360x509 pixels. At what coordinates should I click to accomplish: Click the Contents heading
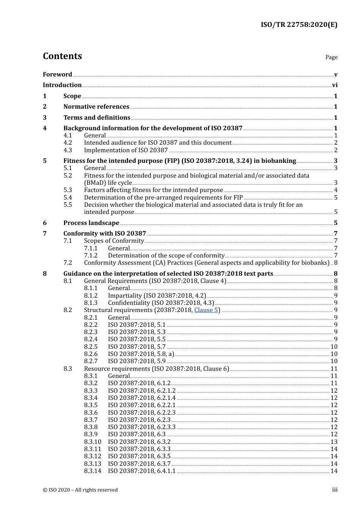pyautogui.click(x=62, y=56)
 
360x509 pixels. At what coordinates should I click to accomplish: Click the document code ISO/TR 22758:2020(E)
pyautogui.click(x=299, y=25)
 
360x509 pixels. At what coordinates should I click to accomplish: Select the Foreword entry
pyautogui.click(x=57, y=74)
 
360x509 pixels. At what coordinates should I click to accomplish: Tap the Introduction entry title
pyautogui.click(x=62, y=85)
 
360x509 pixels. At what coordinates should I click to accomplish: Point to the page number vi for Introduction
pyautogui.click(x=335, y=85)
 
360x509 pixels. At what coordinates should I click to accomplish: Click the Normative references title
pyautogui.click(x=96, y=106)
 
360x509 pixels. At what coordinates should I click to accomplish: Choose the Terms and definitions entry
pyautogui.click(x=97, y=117)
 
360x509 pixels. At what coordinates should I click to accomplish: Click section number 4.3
pyautogui.click(x=67, y=150)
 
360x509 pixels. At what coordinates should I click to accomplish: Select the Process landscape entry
pyautogui.click(x=91, y=223)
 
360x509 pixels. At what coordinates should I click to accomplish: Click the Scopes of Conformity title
pyautogui.click(x=114, y=240)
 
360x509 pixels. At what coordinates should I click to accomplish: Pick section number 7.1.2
pyautogui.click(x=91, y=255)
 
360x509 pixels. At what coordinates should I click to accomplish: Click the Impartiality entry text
pyautogui.click(x=157, y=295)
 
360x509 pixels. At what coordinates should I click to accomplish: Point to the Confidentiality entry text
pyautogui.click(x=161, y=303)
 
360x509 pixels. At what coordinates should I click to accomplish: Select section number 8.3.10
pyautogui.click(x=92, y=442)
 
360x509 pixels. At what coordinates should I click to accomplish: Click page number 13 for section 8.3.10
pyautogui.click(x=334, y=442)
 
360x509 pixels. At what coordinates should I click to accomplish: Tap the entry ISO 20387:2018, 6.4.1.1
pyautogui.click(x=142, y=471)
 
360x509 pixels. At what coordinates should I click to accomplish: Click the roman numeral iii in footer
pyautogui.click(x=335, y=490)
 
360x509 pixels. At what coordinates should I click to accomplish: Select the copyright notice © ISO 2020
pyautogui.click(x=80, y=490)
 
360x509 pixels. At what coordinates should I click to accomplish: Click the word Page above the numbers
pyautogui.click(x=331, y=57)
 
